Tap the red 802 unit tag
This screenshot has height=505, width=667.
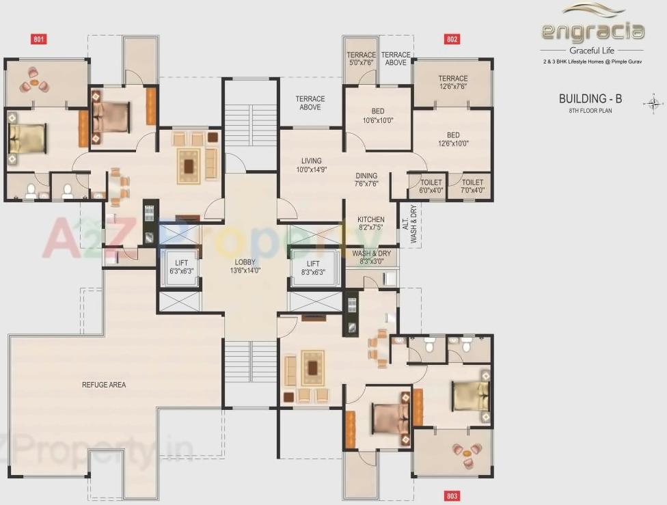point(452,39)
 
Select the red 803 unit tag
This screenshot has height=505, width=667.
point(452,495)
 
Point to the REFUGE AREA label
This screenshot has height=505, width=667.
point(103,385)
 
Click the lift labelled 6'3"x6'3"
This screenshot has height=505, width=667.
point(181,267)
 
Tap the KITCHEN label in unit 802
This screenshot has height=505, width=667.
point(370,223)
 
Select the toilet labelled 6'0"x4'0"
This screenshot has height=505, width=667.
point(431,187)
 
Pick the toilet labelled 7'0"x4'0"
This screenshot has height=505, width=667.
point(472,187)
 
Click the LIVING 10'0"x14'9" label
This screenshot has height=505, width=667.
point(310,165)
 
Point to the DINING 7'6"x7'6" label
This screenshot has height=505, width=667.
point(366,180)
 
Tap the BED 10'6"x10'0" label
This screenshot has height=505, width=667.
point(378,115)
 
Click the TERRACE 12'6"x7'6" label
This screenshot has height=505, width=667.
point(453,82)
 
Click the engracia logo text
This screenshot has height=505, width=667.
point(593,31)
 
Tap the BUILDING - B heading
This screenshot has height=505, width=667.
point(590,98)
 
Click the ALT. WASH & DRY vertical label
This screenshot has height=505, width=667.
point(413,223)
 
